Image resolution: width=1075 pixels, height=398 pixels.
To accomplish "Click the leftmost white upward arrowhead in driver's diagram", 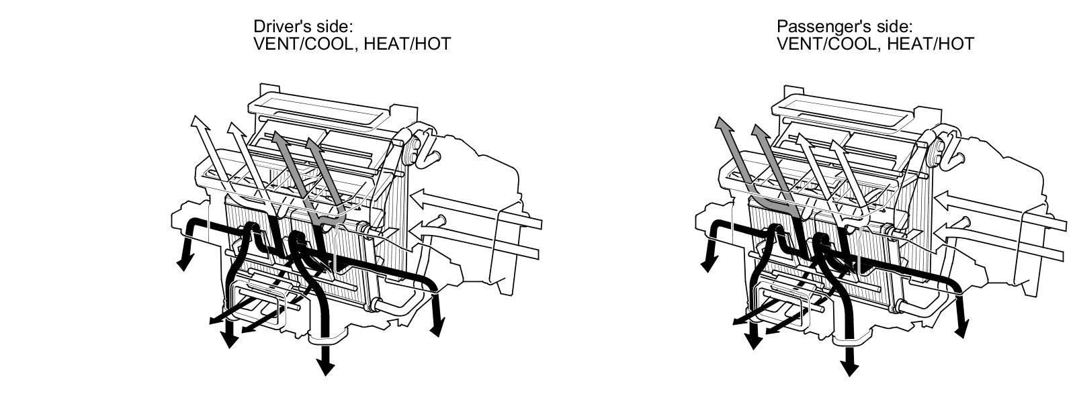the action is pos(198,122).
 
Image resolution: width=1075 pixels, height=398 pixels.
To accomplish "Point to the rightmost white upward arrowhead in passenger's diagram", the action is pos(836,143).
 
